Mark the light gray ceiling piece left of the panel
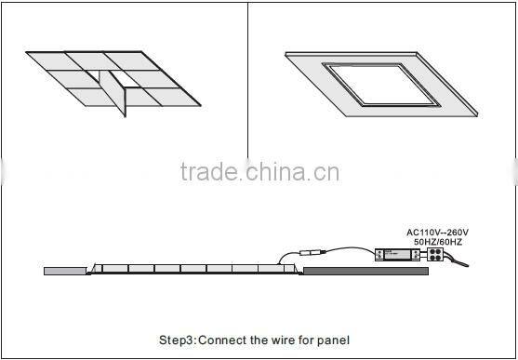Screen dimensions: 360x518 (x=64, y=271)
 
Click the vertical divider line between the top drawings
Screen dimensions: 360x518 (x=247, y=84)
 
